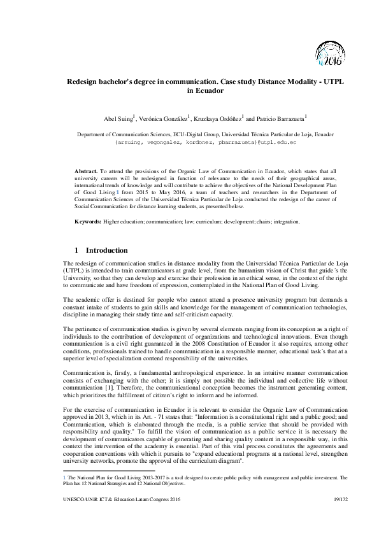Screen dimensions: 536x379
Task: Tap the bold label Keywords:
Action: point(89,222)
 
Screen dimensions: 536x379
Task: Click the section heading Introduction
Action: point(106,251)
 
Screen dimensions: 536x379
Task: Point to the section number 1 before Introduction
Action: point(76,251)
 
